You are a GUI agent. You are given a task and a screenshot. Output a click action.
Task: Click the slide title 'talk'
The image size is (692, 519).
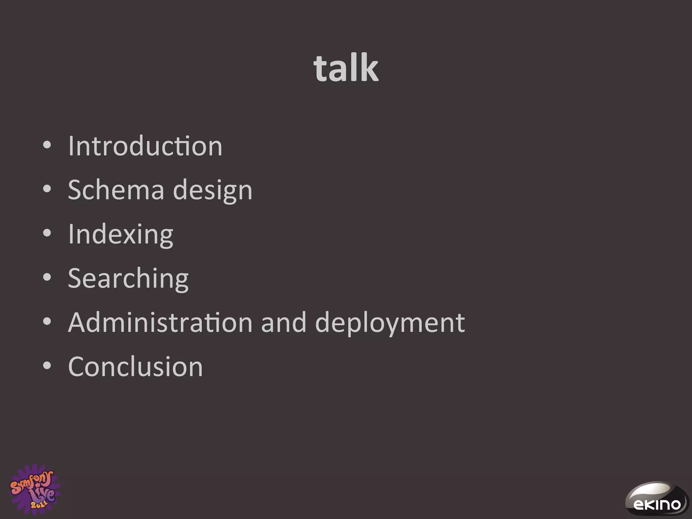[x=346, y=69]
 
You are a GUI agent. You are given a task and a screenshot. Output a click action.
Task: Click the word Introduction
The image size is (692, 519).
[x=145, y=146]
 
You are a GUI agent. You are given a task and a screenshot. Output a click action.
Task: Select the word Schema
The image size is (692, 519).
[x=116, y=190]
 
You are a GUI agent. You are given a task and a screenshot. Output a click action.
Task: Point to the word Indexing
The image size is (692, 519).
[x=120, y=234]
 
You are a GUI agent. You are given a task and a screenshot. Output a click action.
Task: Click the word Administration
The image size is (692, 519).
[x=160, y=322]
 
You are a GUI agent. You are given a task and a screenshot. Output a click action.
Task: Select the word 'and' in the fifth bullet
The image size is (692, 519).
[x=283, y=322]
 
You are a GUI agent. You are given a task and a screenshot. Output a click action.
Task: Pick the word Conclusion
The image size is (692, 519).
[x=135, y=367]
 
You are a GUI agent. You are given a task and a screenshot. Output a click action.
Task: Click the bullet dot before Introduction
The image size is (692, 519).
[x=47, y=146]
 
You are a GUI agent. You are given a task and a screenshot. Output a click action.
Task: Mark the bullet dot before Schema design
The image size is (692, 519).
[x=47, y=190]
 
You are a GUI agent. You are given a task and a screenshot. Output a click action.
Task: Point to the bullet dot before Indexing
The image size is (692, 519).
[x=47, y=233]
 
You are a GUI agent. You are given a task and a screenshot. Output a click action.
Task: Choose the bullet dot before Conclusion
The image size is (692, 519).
[x=47, y=366]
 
